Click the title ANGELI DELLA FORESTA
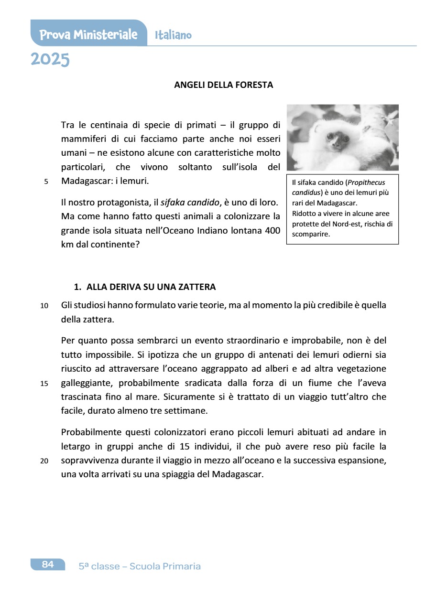[223, 85]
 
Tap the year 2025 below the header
[50, 60]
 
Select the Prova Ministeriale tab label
[88, 34]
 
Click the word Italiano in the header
[173, 35]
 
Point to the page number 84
[47, 564]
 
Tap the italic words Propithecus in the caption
[366, 182]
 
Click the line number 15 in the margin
[44, 384]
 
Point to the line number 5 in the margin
[46, 182]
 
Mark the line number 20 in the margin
[44, 461]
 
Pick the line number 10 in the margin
[44, 306]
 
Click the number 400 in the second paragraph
[272, 231]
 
